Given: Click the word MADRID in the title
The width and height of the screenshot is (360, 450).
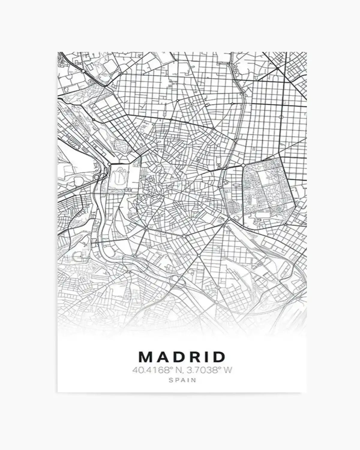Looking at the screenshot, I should click(182, 357).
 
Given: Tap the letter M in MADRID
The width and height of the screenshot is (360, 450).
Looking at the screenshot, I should click(145, 357).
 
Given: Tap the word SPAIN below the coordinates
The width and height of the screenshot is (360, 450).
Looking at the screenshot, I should click(182, 380).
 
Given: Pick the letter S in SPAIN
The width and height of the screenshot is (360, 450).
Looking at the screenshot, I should click(171, 380).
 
